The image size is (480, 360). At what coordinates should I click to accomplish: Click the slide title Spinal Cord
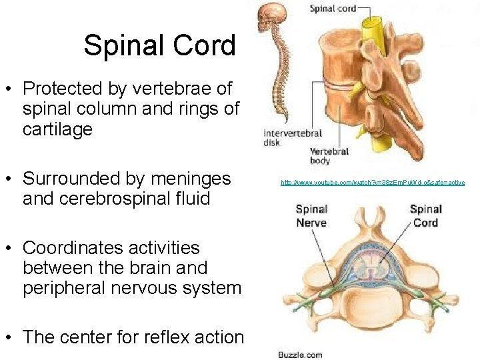coord(159,45)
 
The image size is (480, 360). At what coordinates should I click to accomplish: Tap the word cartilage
coord(57,129)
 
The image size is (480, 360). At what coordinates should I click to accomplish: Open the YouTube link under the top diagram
coord(372,182)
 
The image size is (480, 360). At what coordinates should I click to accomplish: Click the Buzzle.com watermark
coord(301,355)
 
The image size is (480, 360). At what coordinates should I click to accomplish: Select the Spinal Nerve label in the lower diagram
coord(311,215)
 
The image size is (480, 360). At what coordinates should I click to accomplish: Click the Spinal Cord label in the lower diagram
coord(425,215)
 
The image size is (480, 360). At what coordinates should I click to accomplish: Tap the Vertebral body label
coord(329,156)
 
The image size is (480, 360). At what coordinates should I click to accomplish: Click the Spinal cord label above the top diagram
coord(332,9)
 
